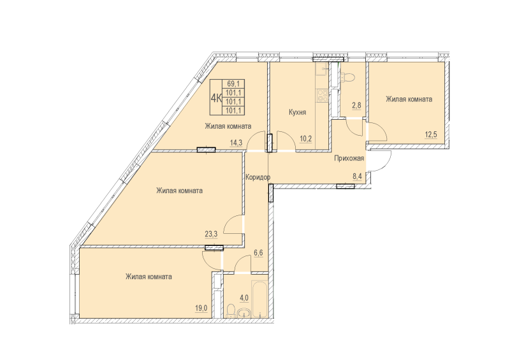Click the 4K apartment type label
tap(216, 97)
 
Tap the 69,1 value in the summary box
tap(233, 84)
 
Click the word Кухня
tap(297, 112)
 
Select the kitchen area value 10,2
tap(306, 139)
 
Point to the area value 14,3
tap(236, 143)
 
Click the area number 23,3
tap(211, 233)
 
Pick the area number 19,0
tap(201, 308)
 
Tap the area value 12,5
tap(431, 134)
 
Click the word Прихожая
tap(349, 159)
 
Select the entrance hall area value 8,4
tap(357, 176)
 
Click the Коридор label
tap(258, 177)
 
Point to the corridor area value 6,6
tap(258, 253)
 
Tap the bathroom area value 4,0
tap(244, 298)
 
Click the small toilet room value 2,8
tap(356, 105)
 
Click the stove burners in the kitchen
tap(322, 96)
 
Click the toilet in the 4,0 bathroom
tap(231, 311)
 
